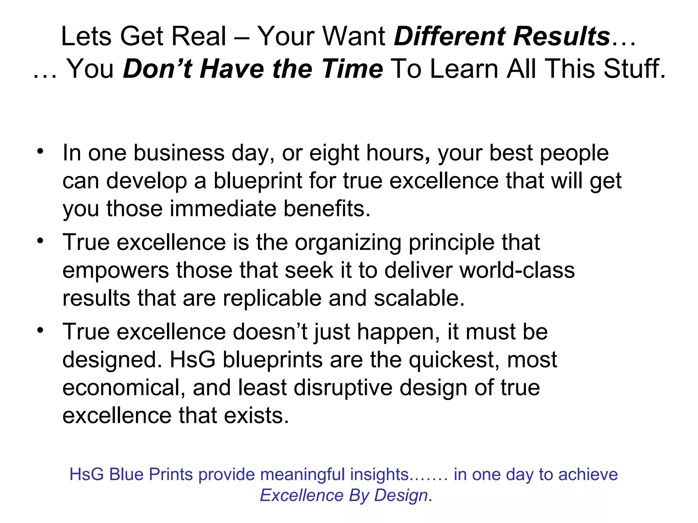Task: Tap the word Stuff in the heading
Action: coord(634,69)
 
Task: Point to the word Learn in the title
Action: coord(465,69)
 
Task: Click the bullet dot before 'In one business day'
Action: coord(41,151)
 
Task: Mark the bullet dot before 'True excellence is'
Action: coord(41,241)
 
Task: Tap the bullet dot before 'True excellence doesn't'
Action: coord(41,330)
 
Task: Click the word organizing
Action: coord(348,243)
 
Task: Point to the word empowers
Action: coord(116,270)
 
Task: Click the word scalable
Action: coord(419,298)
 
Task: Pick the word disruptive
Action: coord(343,388)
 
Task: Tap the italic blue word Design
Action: coord(401,495)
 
